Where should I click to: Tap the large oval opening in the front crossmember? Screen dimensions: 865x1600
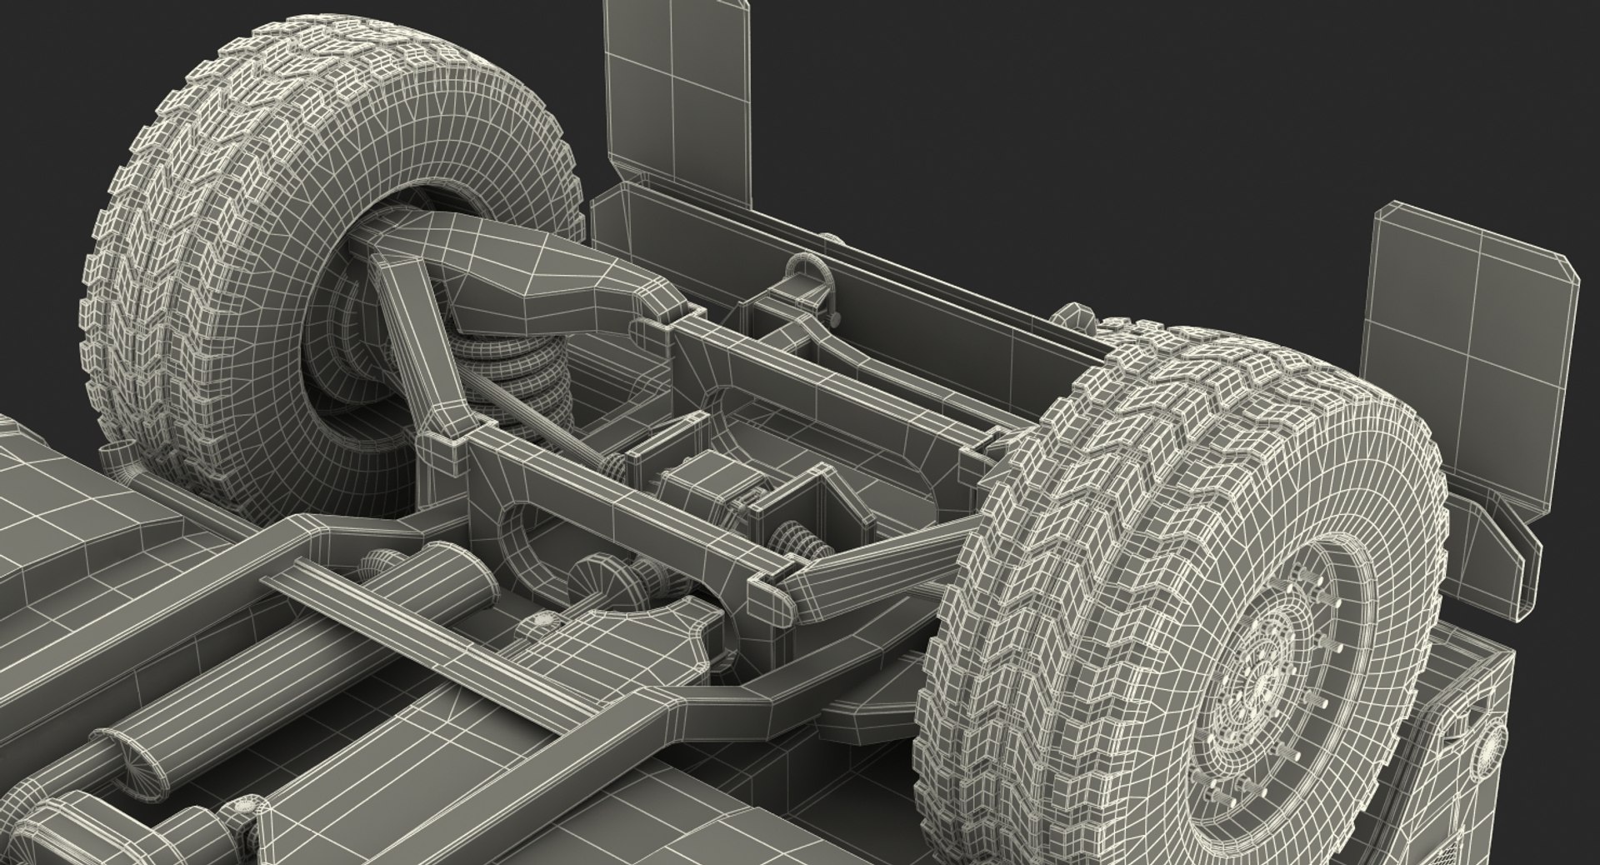(542, 533)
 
